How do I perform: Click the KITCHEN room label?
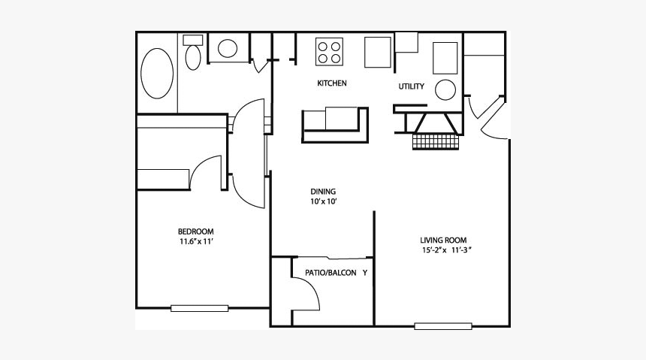click(331, 83)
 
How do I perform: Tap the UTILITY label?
click(411, 86)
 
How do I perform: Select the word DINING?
click(323, 191)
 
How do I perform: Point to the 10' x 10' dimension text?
click(323, 202)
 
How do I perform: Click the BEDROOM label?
click(195, 231)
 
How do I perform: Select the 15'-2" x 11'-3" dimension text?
click(446, 251)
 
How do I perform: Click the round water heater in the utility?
click(445, 89)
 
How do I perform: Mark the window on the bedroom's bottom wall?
click(199, 307)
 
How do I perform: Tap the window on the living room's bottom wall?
click(443, 326)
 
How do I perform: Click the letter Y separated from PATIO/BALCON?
click(365, 273)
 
